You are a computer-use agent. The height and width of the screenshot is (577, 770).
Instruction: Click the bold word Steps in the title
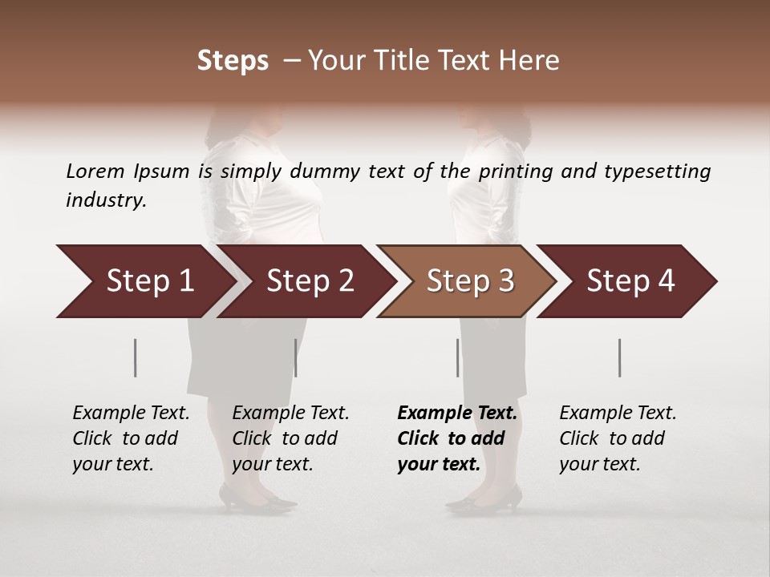click(x=233, y=61)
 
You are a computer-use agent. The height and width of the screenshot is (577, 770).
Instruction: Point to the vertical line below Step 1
click(x=136, y=357)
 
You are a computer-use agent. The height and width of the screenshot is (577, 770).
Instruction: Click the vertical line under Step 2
click(x=296, y=357)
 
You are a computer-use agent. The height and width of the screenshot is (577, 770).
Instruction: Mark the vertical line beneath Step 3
click(x=457, y=357)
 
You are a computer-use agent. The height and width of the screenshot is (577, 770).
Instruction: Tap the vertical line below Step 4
click(x=619, y=357)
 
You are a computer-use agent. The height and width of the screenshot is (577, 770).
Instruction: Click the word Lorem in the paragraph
click(x=95, y=171)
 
